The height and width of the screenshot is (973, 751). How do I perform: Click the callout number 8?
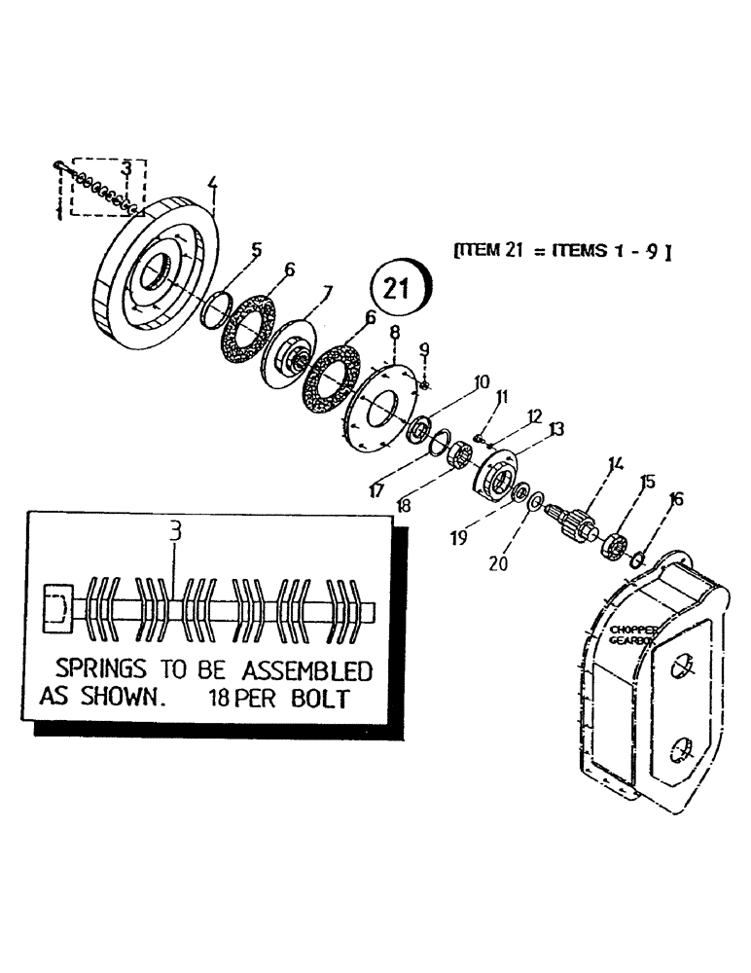(394, 335)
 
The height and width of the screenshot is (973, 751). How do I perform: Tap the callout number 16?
(677, 500)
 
